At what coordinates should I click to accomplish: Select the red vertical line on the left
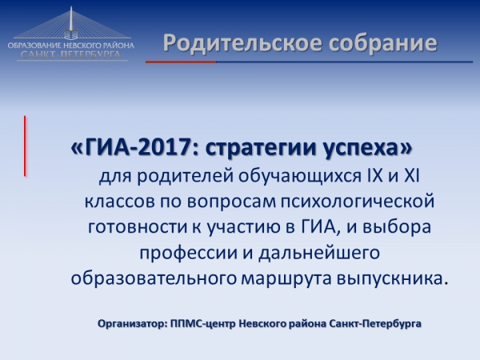pyautogui.click(x=25, y=146)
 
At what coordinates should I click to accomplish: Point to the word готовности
pyautogui.click(x=134, y=226)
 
